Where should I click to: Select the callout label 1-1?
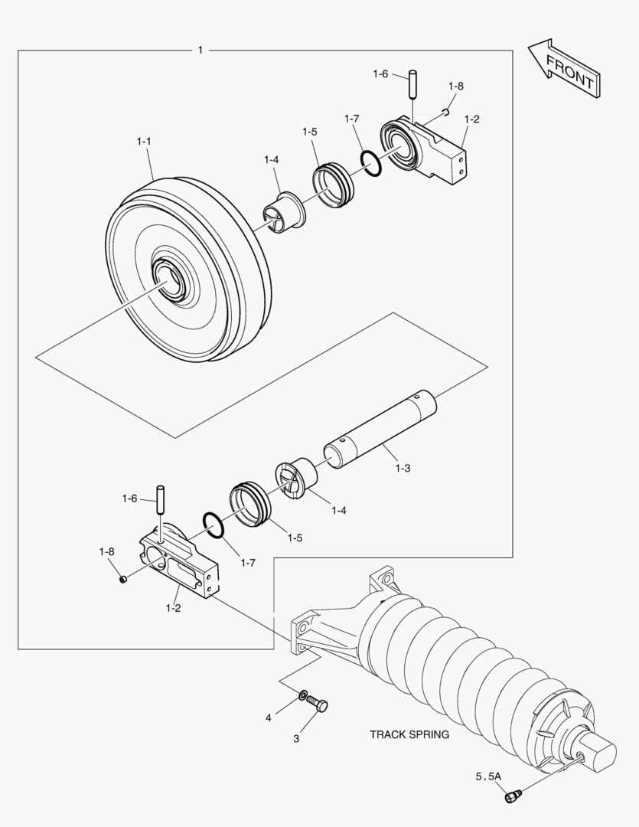pos(144,142)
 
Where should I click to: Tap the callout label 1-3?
pos(403,468)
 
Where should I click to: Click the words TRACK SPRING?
pos(409,734)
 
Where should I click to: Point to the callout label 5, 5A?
pos(488,776)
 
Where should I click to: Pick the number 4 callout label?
pos(269,717)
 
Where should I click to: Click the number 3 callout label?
pos(296,738)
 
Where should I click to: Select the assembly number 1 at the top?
pos(200,50)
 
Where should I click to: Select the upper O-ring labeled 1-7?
pos(370,163)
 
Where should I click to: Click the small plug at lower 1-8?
pos(123,580)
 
